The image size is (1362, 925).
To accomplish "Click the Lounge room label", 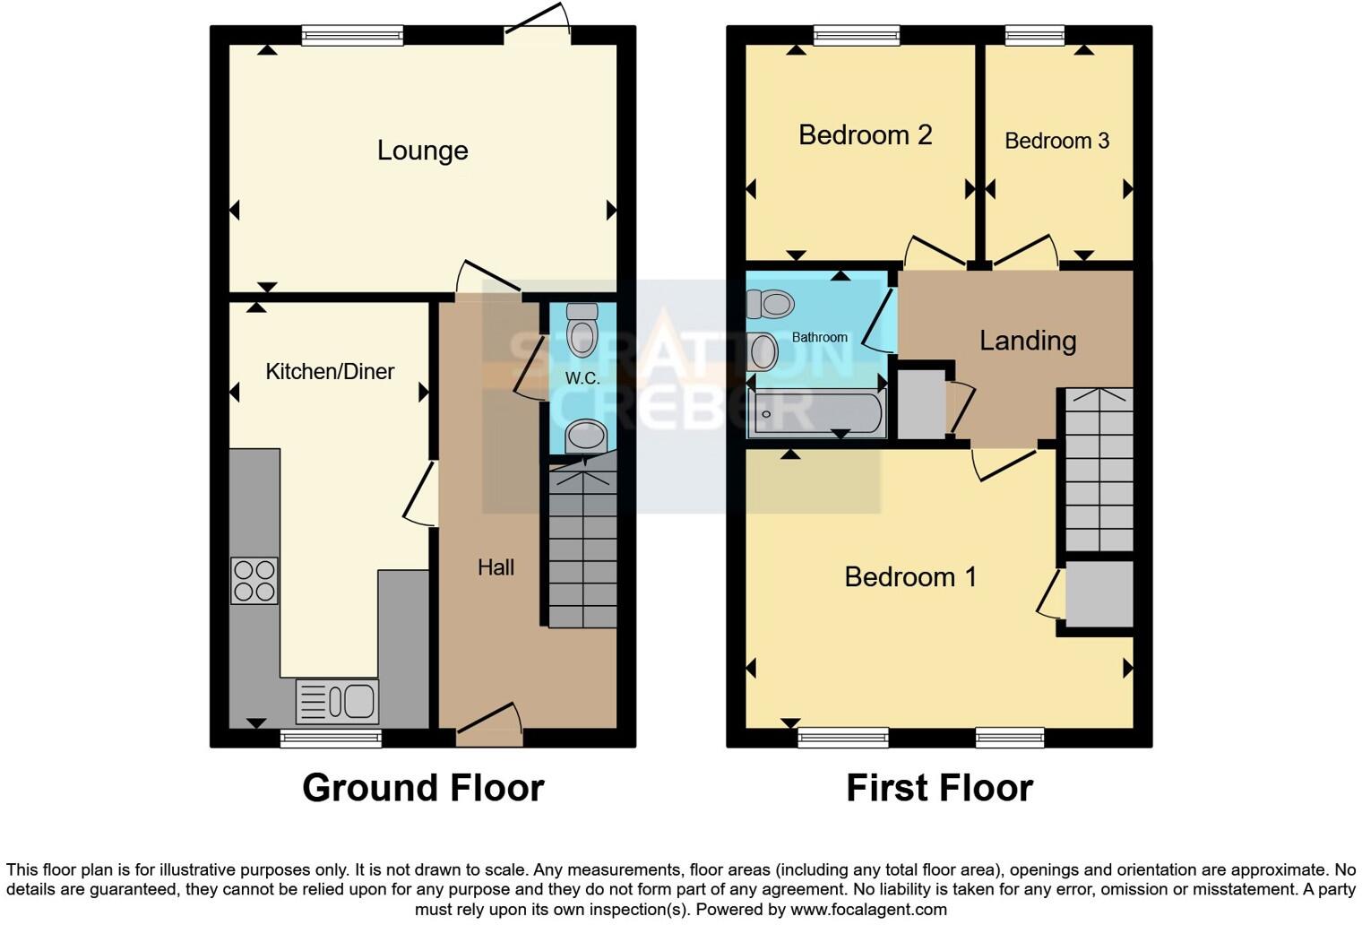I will [422, 151].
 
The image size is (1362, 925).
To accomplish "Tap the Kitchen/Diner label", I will [330, 371].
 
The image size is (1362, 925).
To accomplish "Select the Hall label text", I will [496, 567].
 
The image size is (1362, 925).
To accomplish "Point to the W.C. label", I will [582, 378].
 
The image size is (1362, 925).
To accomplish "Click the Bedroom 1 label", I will [910, 576].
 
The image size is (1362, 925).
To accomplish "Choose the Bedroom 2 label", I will [865, 135].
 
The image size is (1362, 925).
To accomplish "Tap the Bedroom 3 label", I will [1056, 141].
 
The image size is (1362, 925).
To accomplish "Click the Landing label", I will [1027, 341].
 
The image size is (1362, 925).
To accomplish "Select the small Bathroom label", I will [819, 337].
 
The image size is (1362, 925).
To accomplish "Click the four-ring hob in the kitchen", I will [254, 581].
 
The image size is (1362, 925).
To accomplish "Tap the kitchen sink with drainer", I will [337, 702].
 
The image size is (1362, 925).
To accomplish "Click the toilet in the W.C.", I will [582, 331].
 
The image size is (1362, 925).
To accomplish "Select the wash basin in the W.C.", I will [586, 437].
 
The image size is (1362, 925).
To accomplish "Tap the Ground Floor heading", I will [423, 788].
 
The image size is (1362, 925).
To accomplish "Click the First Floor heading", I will [939, 788].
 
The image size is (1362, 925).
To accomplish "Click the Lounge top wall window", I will [352, 36].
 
